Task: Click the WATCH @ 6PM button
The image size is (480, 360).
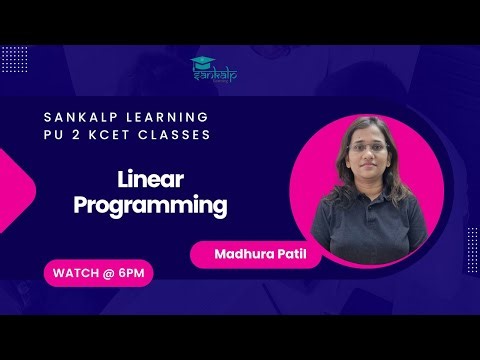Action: click(x=97, y=271)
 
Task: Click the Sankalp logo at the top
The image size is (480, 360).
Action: click(x=211, y=70)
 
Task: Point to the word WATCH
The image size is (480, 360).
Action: click(x=77, y=271)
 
